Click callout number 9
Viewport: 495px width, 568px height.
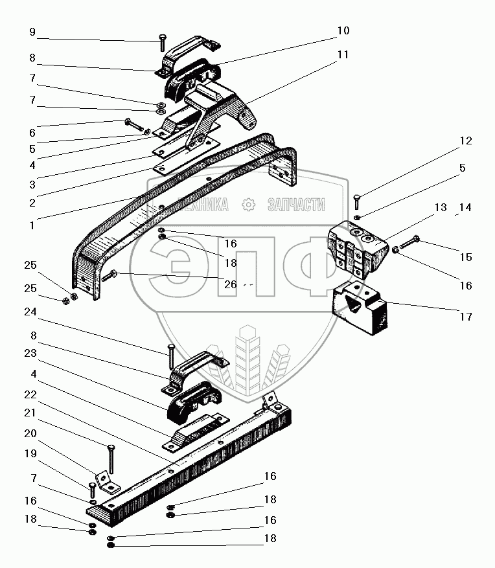32,32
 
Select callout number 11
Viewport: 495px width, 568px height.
343,55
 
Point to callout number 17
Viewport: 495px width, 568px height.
466,317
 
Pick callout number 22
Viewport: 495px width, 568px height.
31,394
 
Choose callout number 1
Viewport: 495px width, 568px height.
31,227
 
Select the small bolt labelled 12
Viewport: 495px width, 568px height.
356,201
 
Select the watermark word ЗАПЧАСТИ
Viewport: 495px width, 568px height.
296,205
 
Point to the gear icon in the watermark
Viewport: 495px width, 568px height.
247,205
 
